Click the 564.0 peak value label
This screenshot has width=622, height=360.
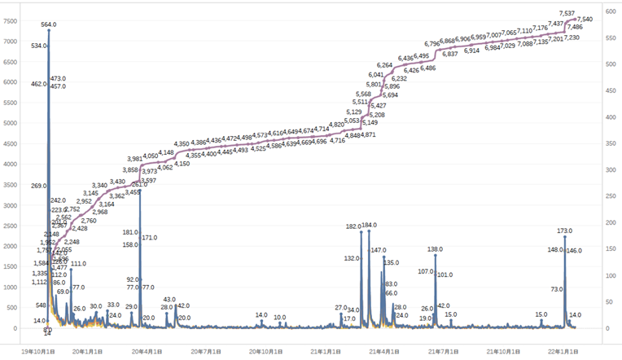(48, 24)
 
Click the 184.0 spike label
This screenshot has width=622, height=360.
(369, 226)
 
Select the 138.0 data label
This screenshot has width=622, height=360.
(436, 249)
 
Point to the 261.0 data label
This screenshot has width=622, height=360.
(139, 185)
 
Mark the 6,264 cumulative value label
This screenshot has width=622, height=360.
(385, 64)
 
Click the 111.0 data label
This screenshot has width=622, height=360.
(78, 264)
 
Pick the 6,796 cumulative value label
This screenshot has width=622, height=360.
(433, 44)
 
